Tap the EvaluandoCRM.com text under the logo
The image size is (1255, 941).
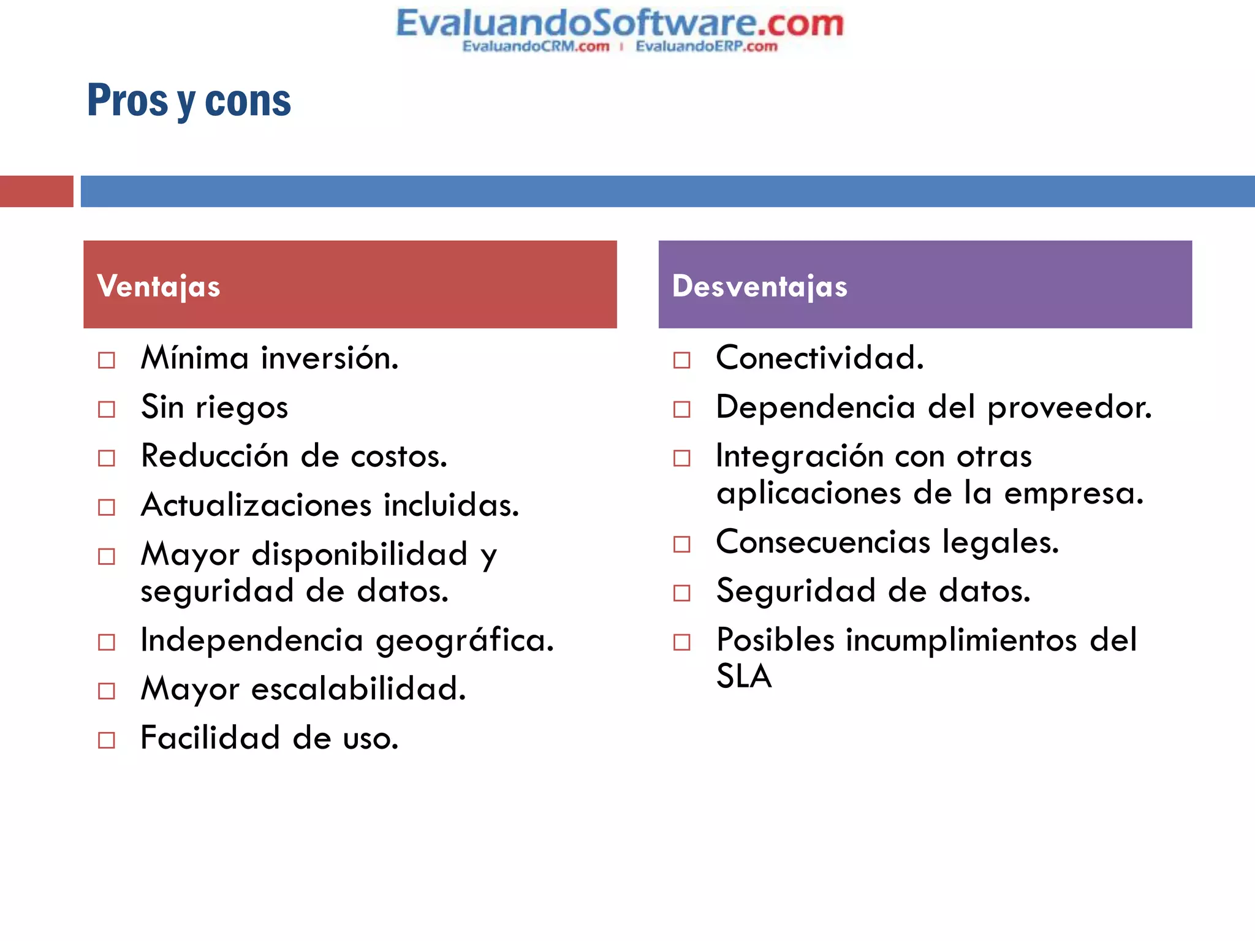coord(536,47)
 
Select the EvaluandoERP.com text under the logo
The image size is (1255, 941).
coord(706,47)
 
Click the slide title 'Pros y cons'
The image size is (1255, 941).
coord(189,100)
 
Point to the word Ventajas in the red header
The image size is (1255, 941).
coord(159,286)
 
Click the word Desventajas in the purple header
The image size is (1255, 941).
coord(760,286)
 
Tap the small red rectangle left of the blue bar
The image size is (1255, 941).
coord(36,191)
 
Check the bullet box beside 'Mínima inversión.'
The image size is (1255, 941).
coord(107,360)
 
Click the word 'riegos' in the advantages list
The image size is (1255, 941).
coord(241,408)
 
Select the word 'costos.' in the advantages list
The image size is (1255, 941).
coord(399,456)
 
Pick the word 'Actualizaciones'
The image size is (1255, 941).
coord(256,505)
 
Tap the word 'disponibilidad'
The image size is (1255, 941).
coord(360,554)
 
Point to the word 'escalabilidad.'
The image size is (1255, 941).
coord(358,689)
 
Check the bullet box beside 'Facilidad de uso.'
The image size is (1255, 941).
coord(107,740)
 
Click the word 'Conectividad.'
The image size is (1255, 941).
coord(819,358)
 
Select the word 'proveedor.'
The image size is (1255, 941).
coord(1069,408)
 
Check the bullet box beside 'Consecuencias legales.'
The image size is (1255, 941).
coord(682,544)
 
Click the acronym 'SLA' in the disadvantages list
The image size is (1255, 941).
coord(744,676)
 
